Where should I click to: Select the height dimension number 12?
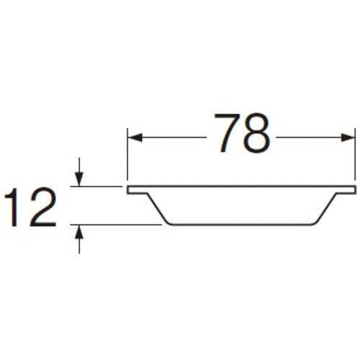click(30, 207)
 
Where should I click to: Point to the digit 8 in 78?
click(258, 134)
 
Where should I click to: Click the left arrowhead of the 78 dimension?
click(133, 135)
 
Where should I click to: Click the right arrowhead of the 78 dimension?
click(350, 135)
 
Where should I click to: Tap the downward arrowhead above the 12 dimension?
click(79, 181)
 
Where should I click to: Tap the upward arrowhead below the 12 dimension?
click(79, 230)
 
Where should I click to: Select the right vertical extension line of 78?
click(356, 155)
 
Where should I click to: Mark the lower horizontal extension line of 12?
click(115, 225)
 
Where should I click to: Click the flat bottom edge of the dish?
click(241, 225)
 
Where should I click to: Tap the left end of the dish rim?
click(129, 190)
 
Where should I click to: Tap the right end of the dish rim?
click(354, 189)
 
